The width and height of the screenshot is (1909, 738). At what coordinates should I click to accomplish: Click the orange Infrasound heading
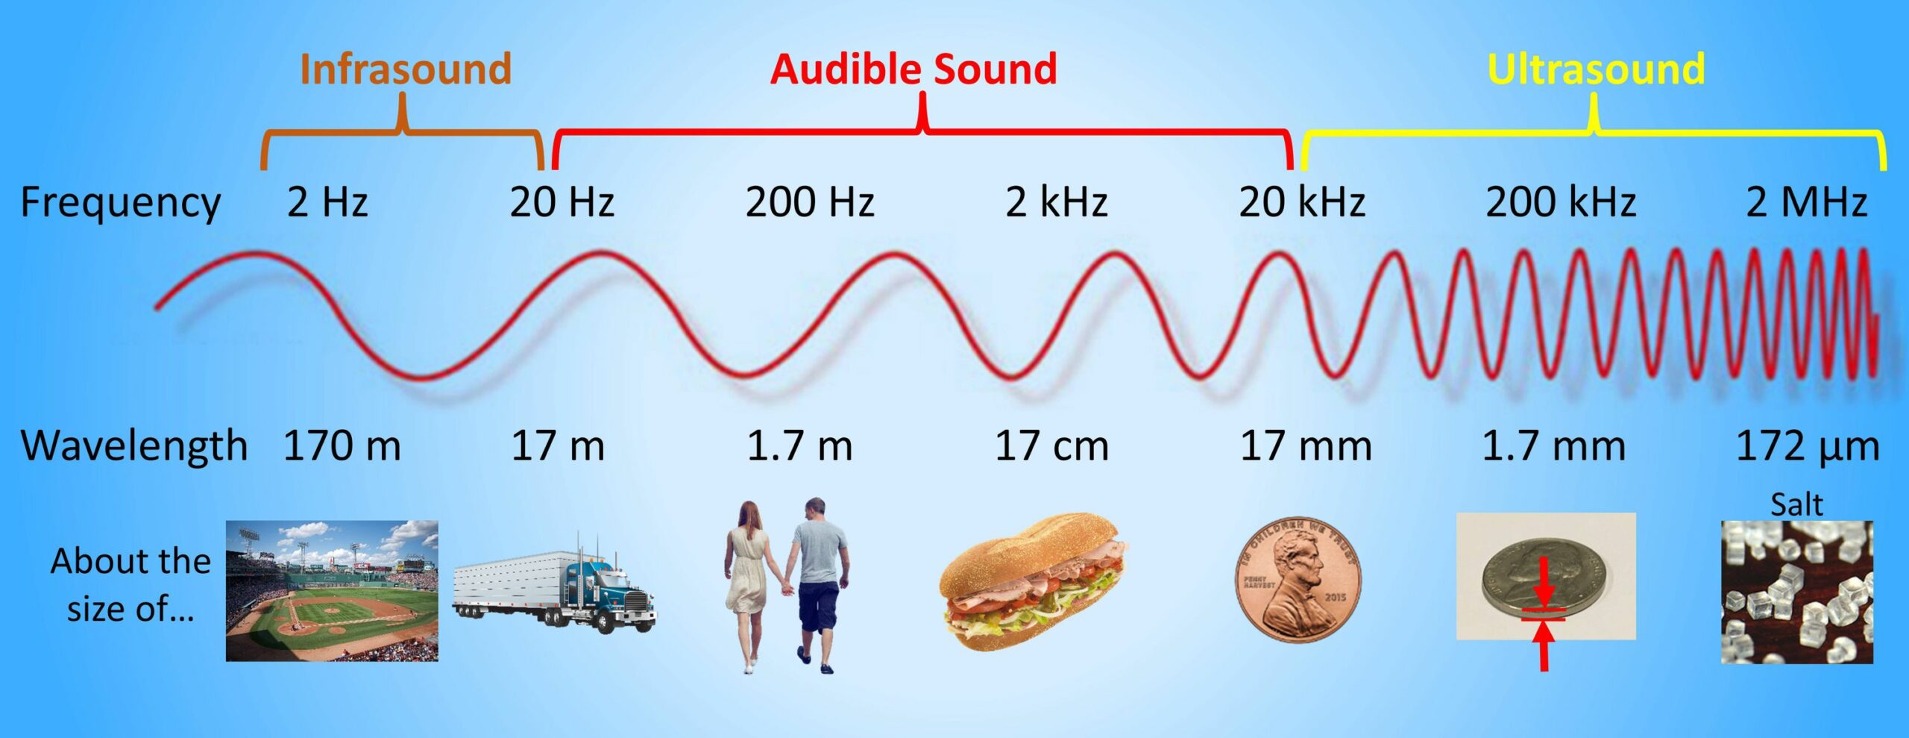406,69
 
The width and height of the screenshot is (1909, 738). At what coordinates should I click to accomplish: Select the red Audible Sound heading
913,69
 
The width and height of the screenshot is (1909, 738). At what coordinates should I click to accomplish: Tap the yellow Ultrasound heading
1596,69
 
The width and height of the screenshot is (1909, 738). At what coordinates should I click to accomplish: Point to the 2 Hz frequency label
327,201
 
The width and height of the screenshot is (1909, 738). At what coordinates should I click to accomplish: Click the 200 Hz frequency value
810,201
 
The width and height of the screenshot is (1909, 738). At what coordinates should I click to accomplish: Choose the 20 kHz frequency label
1302,201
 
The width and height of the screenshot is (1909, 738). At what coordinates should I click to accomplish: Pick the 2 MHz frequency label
1807,201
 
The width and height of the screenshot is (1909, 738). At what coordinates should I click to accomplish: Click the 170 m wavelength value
342,445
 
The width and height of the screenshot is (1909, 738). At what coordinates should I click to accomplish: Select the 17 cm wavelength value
1052,445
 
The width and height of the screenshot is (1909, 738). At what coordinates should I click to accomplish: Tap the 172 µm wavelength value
1808,446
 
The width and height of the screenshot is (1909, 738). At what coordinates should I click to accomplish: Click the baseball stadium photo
332,591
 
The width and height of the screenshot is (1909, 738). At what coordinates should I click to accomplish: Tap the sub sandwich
1034,581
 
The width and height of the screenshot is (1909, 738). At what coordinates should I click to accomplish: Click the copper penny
1298,580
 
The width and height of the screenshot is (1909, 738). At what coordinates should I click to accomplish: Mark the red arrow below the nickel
1544,646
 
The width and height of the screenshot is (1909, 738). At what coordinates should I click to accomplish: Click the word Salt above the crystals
1796,504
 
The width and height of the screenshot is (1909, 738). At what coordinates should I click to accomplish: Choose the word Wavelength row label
134,446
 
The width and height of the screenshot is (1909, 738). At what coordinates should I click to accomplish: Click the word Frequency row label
121,203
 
